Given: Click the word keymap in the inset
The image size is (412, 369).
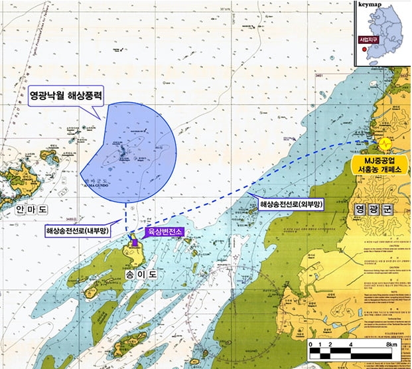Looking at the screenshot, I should coord(370,4).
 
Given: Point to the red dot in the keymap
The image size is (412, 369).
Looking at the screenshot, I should coord(364,48).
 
